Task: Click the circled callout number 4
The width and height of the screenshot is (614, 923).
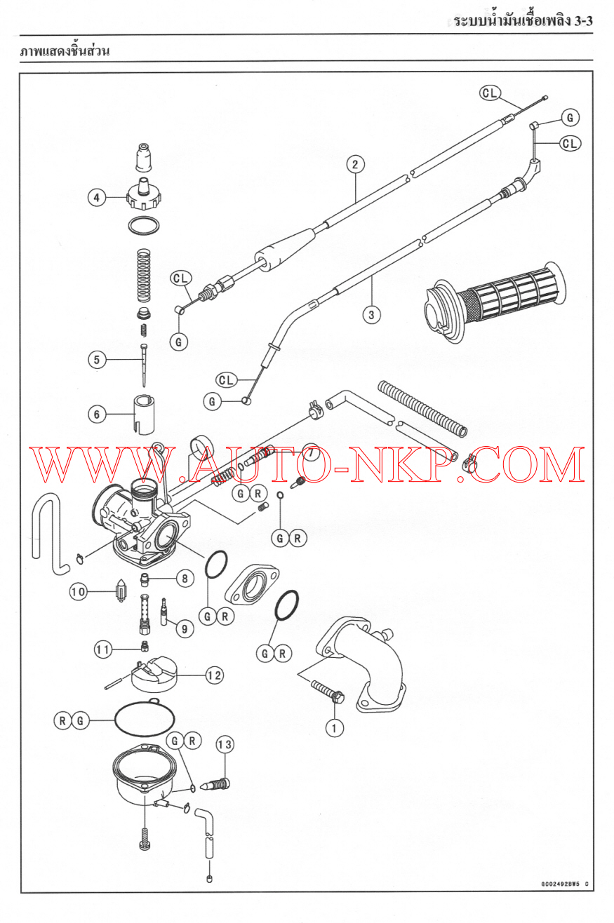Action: pos(97,197)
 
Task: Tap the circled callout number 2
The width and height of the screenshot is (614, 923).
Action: pos(355,164)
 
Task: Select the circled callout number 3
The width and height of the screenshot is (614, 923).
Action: pos(371,315)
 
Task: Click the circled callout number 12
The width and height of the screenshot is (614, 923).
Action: pos(215,675)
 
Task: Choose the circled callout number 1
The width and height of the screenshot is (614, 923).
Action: pos(335,728)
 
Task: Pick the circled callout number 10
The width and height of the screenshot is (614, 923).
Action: pos(78,592)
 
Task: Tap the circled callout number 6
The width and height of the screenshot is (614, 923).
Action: pos(97,414)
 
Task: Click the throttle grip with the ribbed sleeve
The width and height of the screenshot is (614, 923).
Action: pos(495,302)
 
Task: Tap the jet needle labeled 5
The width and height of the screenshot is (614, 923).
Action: pos(143,365)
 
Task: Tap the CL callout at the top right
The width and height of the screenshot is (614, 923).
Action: pos(490,93)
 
